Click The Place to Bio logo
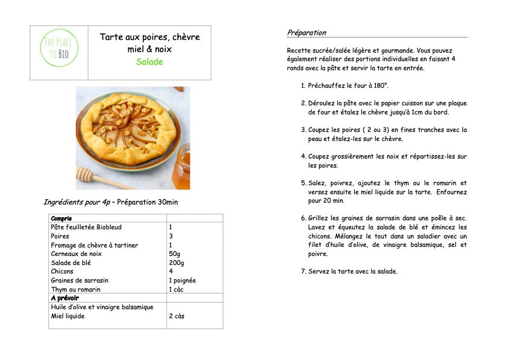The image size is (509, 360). pos(59,48)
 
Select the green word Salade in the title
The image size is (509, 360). pos(149,62)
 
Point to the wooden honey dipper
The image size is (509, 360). pos(100,178)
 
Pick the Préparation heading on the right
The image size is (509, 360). pos(306,33)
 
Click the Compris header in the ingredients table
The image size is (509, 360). pos(61,218)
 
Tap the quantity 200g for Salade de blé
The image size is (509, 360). pos(177,263)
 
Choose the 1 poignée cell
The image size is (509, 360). pos(182,281)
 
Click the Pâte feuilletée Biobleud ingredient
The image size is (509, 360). pos(86,227)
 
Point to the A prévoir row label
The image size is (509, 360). pos(64,298)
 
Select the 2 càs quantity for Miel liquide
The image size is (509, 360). pos(177,316)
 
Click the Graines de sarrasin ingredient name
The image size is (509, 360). pos(80,281)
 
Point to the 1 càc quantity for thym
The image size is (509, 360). pos(176,289)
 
